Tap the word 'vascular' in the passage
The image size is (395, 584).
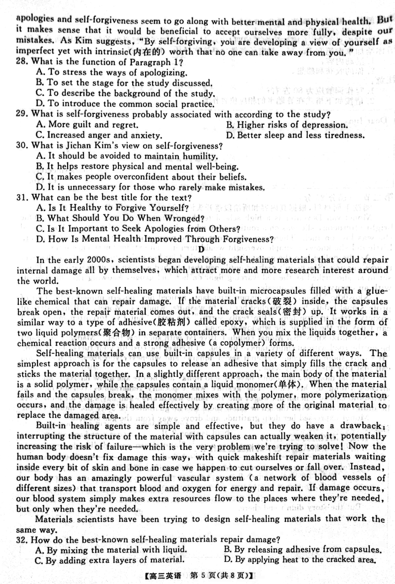[205, 478]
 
